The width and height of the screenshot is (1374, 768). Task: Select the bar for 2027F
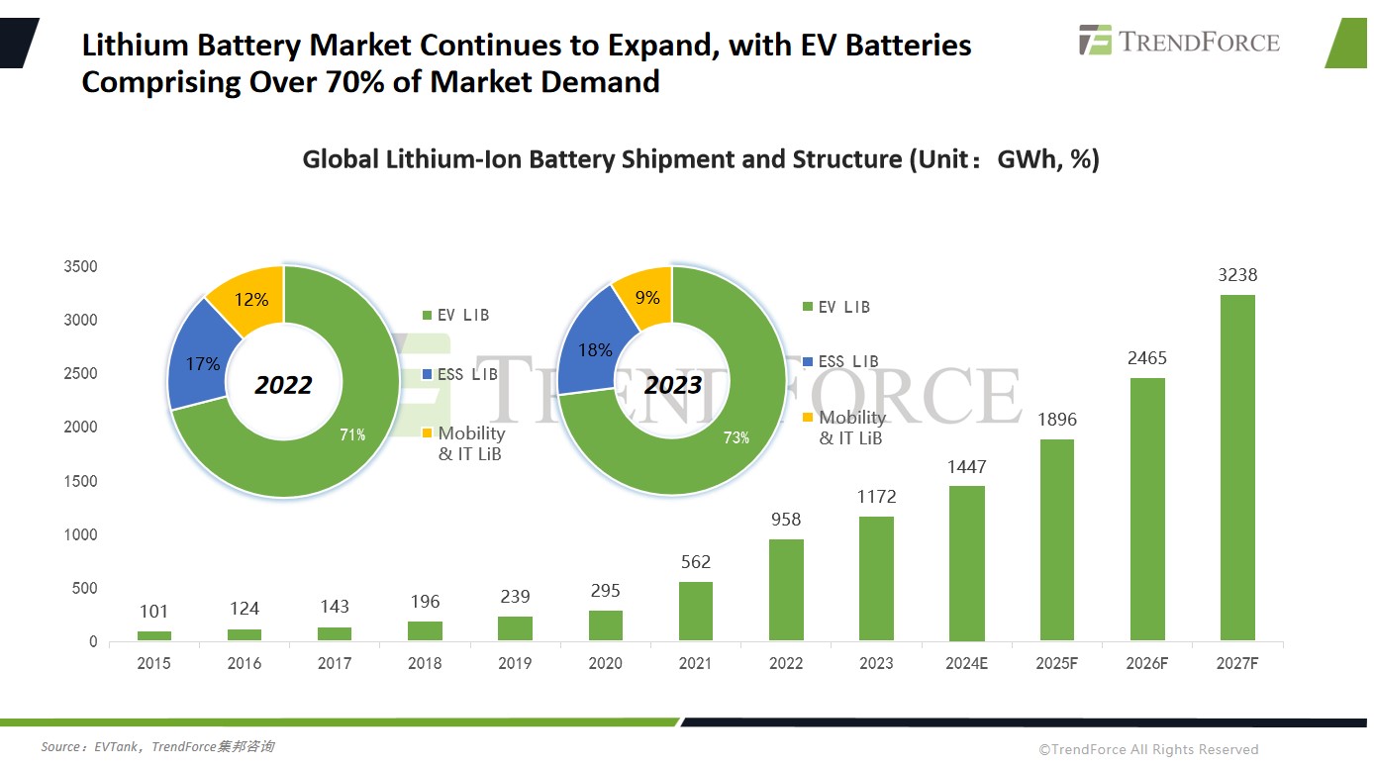pyautogui.click(x=1237, y=467)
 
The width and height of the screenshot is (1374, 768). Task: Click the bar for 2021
pyautogui.click(x=695, y=611)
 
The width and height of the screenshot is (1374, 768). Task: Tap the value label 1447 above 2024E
pyautogui.click(x=966, y=467)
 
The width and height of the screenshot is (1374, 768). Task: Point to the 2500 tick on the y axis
pyautogui.click(x=79, y=374)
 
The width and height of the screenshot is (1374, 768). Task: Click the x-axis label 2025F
pyautogui.click(x=1056, y=663)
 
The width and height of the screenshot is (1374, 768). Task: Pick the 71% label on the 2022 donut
pyautogui.click(x=353, y=434)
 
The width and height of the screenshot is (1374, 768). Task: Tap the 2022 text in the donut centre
pyautogui.click(x=283, y=385)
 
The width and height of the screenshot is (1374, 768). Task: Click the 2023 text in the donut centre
pyautogui.click(x=673, y=385)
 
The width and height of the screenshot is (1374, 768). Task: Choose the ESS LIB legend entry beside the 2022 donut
pyautogui.click(x=461, y=375)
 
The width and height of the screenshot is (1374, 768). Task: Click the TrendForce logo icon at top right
pyautogui.click(x=1095, y=40)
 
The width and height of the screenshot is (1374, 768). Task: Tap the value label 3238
pyautogui.click(x=1237, y=275)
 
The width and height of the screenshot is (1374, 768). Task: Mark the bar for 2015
pyautogui.click(x=153, y=635)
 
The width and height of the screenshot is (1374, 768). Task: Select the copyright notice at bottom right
pyautogui.click(x=1148, y=749)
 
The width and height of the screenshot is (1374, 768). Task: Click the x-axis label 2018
pyautogui.click(x=425, y=663)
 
